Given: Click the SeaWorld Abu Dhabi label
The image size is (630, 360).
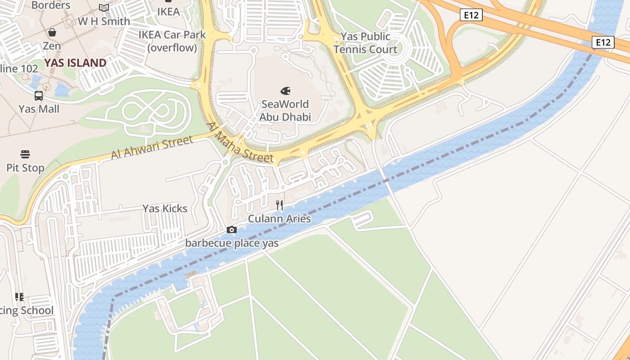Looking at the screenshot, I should (x=285, y=111).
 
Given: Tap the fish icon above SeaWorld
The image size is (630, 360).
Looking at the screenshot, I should (x=285, y=91).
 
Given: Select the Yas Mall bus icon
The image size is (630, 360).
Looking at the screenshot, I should (x=39, y=96).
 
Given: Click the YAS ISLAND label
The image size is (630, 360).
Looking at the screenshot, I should (x=75, y=63).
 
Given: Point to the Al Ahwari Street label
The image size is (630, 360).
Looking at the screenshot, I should (x=152, y=147).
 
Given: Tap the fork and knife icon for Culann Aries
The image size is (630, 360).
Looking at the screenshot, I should (x=279, y=206).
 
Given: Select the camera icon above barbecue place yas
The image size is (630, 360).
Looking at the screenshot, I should (x=232, y=230).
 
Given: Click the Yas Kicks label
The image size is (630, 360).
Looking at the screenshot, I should (x=165, y=208).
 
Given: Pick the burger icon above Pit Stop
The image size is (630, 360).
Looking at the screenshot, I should (x=25, y=154).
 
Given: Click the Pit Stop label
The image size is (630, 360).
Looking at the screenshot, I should (x=25, y=168).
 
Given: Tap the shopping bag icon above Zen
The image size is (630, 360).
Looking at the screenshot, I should (x=52, y=32).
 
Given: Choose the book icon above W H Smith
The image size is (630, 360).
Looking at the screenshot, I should (x=104, y=8).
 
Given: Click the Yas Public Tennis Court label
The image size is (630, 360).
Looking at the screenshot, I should (x=365, y=43).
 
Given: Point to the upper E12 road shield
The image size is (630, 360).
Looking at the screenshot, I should (x=472, y=15).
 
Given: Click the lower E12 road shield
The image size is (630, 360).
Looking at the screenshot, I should (x=603, y=42).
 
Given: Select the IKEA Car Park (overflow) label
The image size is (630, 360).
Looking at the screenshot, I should (x=172, y=41).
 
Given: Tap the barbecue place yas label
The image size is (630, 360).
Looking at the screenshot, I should (x=232, y=243).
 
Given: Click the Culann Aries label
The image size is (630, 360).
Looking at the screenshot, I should (x=279, y=219).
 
